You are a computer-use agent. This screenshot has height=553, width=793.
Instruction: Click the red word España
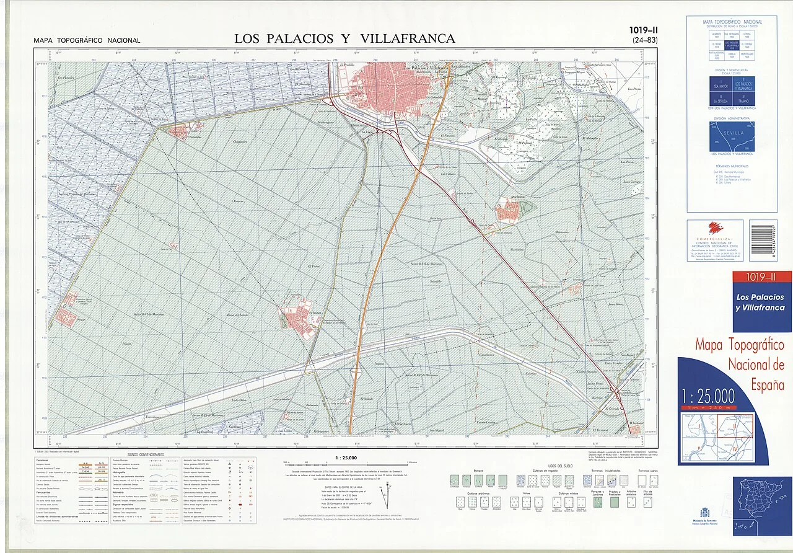pyautogui.click(x=768, y=385)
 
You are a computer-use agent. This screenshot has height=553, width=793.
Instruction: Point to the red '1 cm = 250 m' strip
pyautogui.click(x=707, y=407)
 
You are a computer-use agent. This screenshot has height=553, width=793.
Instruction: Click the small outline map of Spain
pyautogui.click(x=761, y=505)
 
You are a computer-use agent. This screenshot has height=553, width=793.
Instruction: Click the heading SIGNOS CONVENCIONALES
pyautogui.click(x=146, y=454)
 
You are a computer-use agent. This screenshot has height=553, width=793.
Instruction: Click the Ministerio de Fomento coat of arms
pyautogui.click(x=704, y=513)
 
